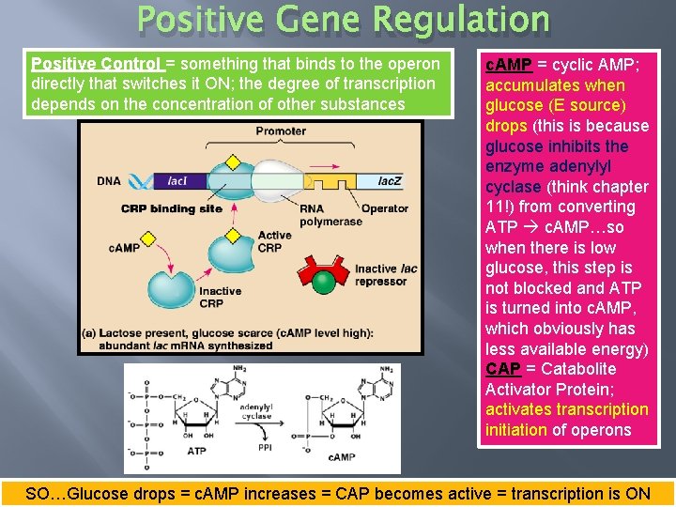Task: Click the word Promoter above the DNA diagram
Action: point(280,131)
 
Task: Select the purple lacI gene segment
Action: point(177,181)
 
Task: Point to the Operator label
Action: point(385,208)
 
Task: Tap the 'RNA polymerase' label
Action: point(318,215)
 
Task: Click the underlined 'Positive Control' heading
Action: point(97,64)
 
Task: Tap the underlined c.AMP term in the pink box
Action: point(509,64)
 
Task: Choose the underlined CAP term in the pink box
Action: point(503,369)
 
